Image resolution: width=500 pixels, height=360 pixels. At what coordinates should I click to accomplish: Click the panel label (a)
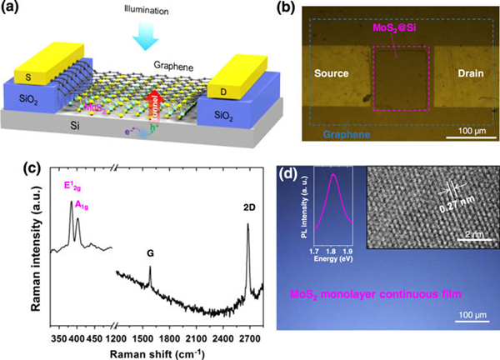(15, 9)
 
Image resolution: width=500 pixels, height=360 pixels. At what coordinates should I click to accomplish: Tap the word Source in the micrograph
(331, 74)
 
